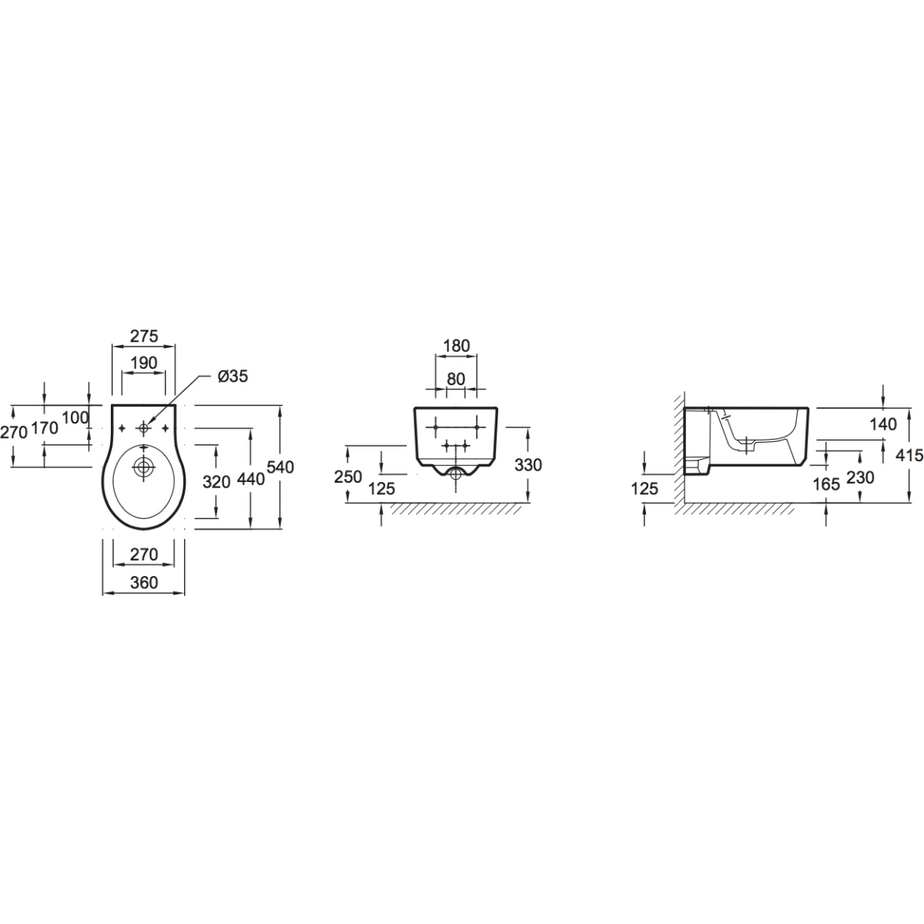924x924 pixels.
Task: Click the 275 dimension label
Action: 144,336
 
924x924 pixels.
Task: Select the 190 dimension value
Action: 144,363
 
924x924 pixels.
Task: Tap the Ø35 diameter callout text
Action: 233,377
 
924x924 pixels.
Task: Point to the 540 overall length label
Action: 280,467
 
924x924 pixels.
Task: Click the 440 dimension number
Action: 251,478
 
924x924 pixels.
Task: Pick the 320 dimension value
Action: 216,481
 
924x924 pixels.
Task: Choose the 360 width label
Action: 144,582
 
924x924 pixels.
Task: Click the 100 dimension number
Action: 75,417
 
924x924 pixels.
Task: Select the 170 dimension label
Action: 45,427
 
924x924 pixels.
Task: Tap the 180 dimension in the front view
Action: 457,346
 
